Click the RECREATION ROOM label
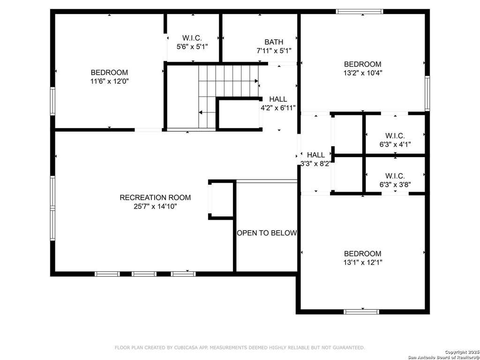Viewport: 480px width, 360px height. tap(155, 197)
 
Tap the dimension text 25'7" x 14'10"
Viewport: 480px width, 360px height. tap(155, 206)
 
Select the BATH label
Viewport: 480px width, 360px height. tap(274, 42)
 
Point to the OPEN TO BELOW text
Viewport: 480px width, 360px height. tap(267, 233)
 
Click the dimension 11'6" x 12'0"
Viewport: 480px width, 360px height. tap(109, 82)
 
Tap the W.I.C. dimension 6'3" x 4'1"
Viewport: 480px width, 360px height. tap(395, 144)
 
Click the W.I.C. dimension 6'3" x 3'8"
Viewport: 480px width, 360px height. tap(395, 185)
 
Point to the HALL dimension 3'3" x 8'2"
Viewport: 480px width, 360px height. tap(315, 164)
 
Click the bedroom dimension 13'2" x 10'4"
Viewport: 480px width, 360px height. tap(363, 73)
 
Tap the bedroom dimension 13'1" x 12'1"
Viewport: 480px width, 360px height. tap(363, 262)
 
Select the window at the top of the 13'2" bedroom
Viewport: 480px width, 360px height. tap(360, 12)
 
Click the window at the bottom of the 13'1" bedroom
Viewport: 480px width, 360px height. tap(361, 312)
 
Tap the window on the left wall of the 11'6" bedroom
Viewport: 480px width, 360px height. tap(52, 101)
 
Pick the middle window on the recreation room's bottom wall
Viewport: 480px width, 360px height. tap(144, 274)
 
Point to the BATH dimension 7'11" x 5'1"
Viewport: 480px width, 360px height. tap(274, 51)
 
